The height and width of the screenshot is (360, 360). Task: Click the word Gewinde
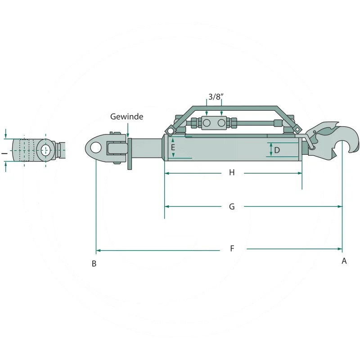(127, 117)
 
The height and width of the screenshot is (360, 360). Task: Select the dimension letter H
(232, 172)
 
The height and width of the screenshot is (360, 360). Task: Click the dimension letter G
(232, 207)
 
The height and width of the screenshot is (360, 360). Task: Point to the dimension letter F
(232, 248)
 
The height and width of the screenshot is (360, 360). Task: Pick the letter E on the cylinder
(173, 147)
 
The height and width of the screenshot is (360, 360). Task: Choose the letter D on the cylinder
(277, 150)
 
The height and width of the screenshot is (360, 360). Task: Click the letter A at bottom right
(344, 261)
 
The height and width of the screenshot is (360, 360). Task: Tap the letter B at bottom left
(94, 264)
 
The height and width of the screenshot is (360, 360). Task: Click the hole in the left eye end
(96, 148)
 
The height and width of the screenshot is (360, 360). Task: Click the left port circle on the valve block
(207, 123)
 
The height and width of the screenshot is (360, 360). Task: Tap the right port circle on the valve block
(221, 123)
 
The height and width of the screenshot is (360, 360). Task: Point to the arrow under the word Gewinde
(128, 130)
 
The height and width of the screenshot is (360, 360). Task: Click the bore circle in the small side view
(46, 150)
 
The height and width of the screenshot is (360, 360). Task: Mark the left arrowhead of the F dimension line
(98, 250)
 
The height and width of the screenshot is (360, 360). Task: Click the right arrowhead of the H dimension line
(300, 173)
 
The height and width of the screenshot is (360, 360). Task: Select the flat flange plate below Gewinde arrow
(130, 154)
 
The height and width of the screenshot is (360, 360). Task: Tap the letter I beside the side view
(4, 153)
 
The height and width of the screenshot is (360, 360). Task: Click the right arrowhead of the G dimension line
(340, 207)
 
